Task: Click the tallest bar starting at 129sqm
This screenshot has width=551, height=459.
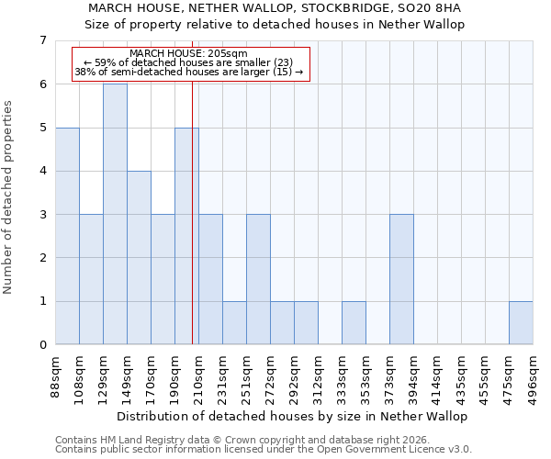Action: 115,214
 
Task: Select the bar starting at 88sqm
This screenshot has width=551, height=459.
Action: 67,236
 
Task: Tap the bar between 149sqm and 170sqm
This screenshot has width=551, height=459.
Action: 139,258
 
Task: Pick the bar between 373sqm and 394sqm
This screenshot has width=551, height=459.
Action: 401,279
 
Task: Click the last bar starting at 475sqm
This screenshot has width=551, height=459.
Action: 521,323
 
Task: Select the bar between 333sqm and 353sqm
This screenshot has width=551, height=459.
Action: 354,323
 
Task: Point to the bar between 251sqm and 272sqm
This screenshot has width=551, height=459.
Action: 258,279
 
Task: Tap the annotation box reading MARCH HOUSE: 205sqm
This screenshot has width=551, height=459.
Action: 190,63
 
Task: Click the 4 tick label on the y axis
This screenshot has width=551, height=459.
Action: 42,171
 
